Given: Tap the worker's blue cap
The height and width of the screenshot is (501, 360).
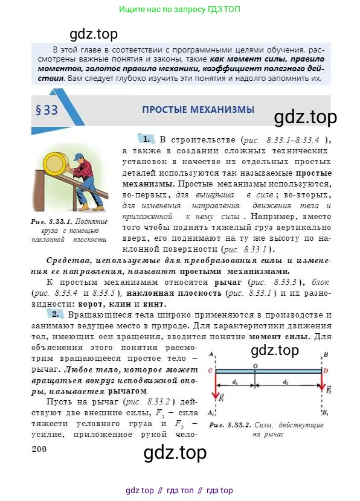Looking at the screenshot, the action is click(x=79, y=156).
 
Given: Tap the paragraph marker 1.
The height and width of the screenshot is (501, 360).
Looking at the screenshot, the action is click(x=145, y=138).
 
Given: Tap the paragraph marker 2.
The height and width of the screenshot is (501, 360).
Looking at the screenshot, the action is click(x=55, y=314).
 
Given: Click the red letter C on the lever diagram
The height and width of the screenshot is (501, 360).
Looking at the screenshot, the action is click(x=210, y=371).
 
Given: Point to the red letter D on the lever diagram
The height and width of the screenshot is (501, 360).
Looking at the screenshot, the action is click(x=326, y=371).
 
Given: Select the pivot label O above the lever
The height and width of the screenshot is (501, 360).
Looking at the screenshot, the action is click(x=256, y=365).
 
